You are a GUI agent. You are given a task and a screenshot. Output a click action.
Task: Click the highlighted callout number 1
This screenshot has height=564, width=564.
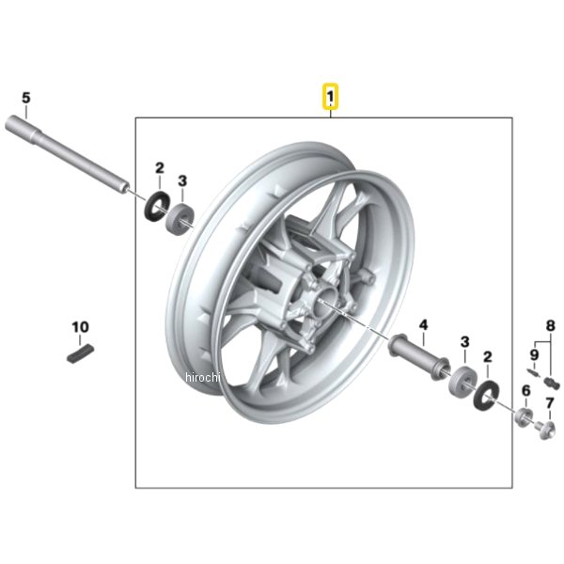[x=330, y=97]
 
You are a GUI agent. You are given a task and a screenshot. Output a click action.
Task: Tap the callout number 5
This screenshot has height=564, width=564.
[x=26, y=98]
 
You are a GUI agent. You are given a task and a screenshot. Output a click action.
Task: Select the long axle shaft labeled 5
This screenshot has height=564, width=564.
[x=68, y=154]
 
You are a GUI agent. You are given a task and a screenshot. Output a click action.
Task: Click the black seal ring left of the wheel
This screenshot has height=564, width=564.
[x=157, y=207]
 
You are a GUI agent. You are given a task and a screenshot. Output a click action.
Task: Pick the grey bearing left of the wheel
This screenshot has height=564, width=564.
[x=180, y=220]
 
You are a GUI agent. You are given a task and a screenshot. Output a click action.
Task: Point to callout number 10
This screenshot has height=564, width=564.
[x=80, y=327]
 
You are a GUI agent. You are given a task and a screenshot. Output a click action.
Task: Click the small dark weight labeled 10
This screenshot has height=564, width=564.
[x=81, y=353]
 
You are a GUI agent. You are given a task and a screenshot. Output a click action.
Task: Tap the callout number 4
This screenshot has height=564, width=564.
[x=424, y=325]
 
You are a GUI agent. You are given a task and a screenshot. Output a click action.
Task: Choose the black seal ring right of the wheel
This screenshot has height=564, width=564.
[x=487, y=394]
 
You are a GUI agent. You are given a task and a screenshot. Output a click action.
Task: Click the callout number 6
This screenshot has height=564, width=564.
[x=525, y=391]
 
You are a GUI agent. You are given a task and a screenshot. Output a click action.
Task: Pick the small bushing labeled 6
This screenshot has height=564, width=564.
[x=525, y=417]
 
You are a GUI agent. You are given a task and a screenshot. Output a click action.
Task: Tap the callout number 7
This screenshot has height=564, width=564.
[x=549, y=403]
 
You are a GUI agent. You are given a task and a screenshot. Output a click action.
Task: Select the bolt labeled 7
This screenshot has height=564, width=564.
[x=545, y=430]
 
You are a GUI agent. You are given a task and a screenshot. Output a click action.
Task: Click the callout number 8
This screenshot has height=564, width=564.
[x=550, y=326]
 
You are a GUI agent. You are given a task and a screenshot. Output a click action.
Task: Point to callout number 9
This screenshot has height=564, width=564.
[x=534, y=355]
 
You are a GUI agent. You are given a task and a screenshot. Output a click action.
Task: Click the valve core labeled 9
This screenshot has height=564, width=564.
[x=533, y=372]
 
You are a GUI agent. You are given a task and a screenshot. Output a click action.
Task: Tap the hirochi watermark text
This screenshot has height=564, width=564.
[x=202, y=377]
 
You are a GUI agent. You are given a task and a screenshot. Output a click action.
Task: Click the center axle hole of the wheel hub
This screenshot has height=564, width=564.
[x=325, y=301]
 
